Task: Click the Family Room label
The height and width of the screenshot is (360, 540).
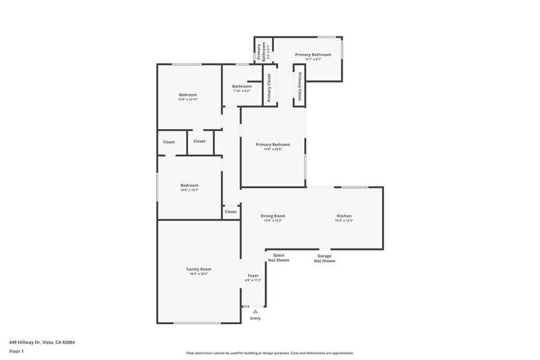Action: point(199,269)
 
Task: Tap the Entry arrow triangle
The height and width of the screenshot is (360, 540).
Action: point(255,312)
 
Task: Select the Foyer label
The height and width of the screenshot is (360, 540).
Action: point(254,276)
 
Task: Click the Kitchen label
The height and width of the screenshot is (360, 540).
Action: point(344,216)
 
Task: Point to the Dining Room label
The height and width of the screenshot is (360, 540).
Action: point(273,216)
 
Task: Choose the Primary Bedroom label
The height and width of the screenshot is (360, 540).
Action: point(273,144)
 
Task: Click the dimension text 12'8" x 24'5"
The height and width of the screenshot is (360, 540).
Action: point(273,149)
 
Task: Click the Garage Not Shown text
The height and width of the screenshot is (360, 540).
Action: point(324,259)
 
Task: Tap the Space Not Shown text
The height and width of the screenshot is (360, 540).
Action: point(278,258)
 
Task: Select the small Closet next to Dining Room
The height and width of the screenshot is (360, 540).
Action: point(230,212)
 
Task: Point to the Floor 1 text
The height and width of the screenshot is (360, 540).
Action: point(16,351)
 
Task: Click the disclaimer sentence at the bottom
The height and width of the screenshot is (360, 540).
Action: point(269,353)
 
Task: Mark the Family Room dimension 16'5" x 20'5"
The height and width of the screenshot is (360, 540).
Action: point(199,274)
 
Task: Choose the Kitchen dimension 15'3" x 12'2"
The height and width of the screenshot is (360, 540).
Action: point(344,220)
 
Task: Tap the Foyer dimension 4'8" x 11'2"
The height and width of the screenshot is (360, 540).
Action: point(254,280)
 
